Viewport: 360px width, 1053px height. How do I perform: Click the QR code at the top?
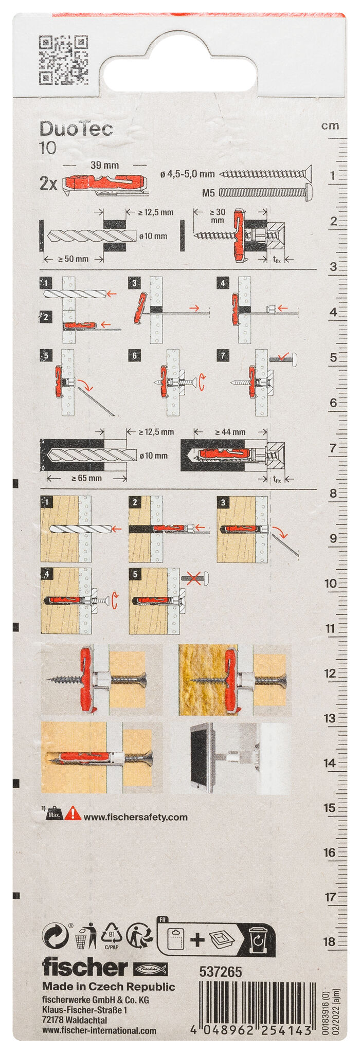tap(63, 60)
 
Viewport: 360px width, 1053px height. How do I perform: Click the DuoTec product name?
tap(76, 129)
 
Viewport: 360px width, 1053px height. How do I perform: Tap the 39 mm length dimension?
tap(104, 165)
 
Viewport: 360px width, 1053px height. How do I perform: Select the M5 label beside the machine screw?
tap(208, 193)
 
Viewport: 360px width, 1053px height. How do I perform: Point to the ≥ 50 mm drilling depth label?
tap(73, 259)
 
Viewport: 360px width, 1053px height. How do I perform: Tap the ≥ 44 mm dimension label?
tap(230, 432)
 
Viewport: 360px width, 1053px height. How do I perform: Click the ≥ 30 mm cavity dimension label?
tap(217, 216)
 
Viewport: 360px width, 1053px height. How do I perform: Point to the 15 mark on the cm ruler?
tap(330, 808)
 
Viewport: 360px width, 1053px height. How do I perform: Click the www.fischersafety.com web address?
tap(135, 817)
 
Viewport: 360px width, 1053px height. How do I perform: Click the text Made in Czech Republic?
tap(109, 987)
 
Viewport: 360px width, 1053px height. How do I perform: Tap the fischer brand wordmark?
tap(84, 967)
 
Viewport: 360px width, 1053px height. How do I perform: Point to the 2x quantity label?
tap(48, 184)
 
